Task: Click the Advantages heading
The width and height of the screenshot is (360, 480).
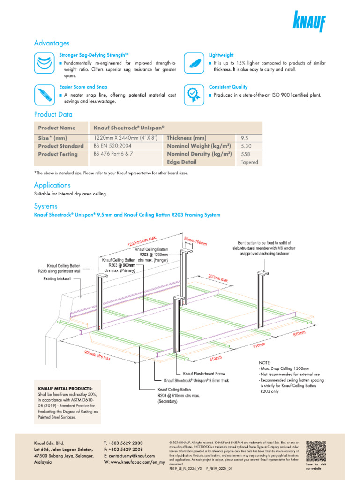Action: [52, 43]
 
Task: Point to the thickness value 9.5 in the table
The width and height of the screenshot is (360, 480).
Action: [245, 138]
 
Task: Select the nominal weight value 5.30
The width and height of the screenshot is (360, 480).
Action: [246, 146]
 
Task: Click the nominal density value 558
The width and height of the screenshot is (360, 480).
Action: [245, 154]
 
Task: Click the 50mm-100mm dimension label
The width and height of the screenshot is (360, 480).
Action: [195, 240]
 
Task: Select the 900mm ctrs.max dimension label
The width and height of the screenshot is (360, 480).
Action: [97, 355]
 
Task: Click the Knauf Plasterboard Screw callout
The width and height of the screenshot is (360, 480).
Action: [204, 374]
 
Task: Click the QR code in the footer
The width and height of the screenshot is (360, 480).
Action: [316, 450]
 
